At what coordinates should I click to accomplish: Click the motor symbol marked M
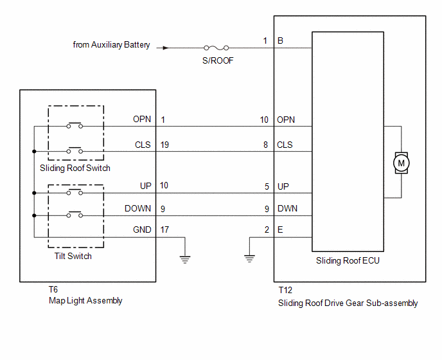(x=401, y=163)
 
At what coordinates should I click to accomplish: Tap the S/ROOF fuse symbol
(x=217, y=48)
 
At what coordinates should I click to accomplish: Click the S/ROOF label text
(x=218, y=60)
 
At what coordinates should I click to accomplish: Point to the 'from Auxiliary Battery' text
(x=111, y=45)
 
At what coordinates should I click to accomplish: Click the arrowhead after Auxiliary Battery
(x=166, y=48)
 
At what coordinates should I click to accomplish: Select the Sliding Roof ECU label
(x=348, y=261)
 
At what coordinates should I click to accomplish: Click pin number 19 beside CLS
(x=164, y=145)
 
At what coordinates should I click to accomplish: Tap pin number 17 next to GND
(x=164, y=230)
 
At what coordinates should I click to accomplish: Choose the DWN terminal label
(x=287, y=208)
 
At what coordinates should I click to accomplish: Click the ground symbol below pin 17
(x=185, y=259)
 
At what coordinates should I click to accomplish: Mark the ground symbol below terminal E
(x=249, y=258)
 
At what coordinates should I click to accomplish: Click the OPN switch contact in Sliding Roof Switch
(x=75, y=125)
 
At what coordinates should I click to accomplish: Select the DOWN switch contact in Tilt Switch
(x=75, y=215)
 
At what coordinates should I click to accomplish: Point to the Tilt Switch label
(x=73, y=256)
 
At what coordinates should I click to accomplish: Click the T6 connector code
(x=53, y=289)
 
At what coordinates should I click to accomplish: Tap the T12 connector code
(x=285, y=290)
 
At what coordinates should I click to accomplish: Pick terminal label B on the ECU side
(x=280, y=40)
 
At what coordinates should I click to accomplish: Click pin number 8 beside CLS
(x=265, y=145)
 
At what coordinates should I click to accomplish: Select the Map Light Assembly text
(x=85, y=301)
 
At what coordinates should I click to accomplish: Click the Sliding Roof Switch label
(x=75, y=168)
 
